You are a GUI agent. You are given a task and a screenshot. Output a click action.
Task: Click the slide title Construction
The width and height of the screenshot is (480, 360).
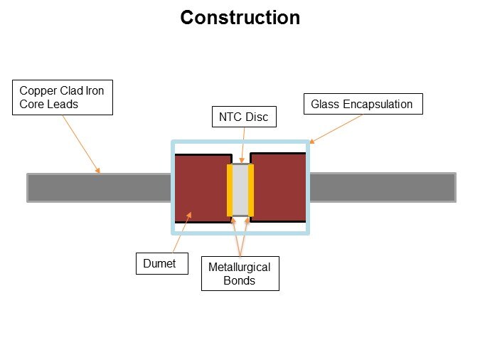click(x=240, y=18)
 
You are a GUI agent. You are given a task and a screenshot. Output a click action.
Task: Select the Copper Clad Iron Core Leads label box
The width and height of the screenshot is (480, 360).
click(x=63, y=97)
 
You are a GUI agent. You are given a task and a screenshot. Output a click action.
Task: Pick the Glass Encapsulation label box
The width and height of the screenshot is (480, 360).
click(x=362, y=104)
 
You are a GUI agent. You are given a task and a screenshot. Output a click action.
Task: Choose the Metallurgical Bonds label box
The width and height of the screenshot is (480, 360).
click(x=240, y=274)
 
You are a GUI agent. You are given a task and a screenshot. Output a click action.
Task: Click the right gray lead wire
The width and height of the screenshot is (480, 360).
click(x=383, y=187)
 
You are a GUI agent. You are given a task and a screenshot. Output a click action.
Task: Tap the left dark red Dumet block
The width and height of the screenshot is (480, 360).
click(x=201, y=188)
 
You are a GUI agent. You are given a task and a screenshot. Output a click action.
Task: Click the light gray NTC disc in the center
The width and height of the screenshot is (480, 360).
click(x=240, y=189)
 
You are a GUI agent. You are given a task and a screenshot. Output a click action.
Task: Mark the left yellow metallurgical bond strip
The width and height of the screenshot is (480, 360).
click(x=230, y=190)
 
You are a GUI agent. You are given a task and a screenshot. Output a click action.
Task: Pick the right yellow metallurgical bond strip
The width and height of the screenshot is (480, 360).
click(x=251, y=190)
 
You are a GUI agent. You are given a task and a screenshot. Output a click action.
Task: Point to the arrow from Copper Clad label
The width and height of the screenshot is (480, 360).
click(x=80, y=143)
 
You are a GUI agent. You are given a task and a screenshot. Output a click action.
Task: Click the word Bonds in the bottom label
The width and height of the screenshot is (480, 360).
click(x=240, y=281)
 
